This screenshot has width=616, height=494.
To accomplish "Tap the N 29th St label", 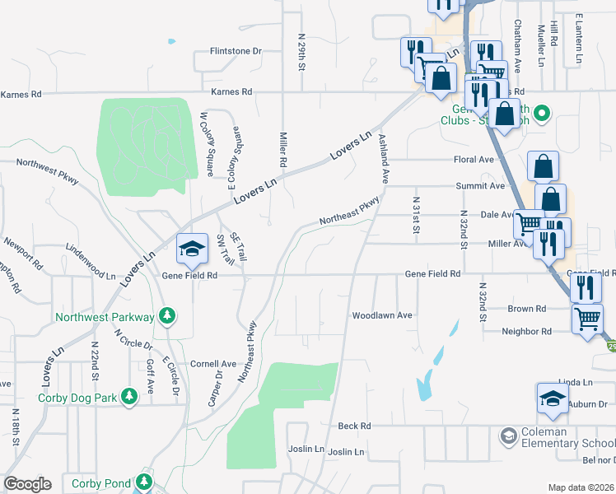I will [x=301, y=52].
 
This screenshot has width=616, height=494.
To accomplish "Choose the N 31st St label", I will [x=417, y=214].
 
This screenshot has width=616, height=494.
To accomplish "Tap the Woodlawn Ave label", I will [x=381, y=315].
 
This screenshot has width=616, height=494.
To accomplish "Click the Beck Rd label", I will [x=355, y=426].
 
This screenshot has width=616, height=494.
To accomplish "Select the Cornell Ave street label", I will [x=212, y=364].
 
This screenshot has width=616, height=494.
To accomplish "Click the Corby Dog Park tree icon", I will [x=129, y=398].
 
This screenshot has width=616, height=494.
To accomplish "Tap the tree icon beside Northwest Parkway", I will [x=167, y=316].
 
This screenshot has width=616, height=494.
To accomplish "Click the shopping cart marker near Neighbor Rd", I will [x=587, y=318].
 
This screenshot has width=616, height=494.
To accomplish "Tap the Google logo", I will [x=27, y=484].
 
